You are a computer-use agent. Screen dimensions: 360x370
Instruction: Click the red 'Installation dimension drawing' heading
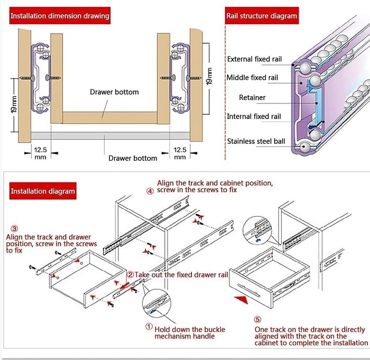click(60, 16)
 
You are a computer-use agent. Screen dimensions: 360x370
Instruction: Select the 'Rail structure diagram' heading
click(262, 16)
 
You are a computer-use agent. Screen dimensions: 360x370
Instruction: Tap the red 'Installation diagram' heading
click(43, 191)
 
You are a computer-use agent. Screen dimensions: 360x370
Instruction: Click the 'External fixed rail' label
click(254, 59)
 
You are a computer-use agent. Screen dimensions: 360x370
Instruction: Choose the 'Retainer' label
click(252, 97)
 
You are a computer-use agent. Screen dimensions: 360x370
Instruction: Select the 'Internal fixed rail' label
click(254, 116)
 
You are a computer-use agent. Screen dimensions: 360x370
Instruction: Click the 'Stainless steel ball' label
click(256, 141)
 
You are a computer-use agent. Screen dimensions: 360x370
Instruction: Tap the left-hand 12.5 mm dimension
click(40, 153)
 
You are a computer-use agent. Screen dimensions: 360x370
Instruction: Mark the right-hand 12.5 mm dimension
click(180, 153)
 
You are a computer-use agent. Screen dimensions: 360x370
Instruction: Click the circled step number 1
click(149, 327)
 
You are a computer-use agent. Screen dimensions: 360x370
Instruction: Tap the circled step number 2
click(130, 275)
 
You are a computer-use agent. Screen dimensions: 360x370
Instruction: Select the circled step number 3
click(14, 229)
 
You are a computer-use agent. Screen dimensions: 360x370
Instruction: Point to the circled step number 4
click(149, 191)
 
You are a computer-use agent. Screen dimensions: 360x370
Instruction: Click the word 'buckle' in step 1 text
click(202, 329)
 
